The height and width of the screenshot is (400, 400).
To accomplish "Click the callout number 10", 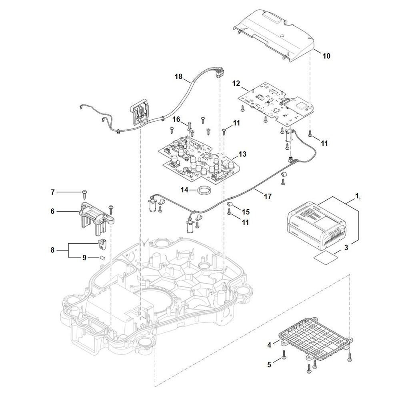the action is (x=326, y=56).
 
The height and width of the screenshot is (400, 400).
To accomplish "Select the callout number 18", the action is (x=178, y=76).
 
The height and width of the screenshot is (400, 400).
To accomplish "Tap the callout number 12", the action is (x=236, y=84).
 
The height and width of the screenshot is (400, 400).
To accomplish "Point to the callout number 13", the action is (x=242, y=154).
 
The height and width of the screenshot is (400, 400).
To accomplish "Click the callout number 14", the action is (x=185, y=190).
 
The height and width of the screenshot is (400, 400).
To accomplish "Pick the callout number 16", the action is (x=176, y=119).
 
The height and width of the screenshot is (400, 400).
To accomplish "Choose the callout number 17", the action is (x=268, y=196).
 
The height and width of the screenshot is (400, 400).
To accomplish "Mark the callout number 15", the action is (x=246, y=212).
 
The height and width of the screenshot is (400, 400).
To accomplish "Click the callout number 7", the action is (x=52, y=192).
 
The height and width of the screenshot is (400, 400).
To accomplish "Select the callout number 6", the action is (x=52, y=211).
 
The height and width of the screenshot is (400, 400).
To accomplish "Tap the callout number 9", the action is (x=84, y=258).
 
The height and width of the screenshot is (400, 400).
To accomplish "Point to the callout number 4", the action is (x=269, y=345).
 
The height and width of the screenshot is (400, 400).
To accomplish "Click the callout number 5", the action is (x=269, y=365).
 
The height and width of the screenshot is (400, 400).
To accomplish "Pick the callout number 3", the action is (x=346, y=248).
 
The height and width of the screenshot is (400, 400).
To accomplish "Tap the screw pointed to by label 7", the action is (x=84, y=194).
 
